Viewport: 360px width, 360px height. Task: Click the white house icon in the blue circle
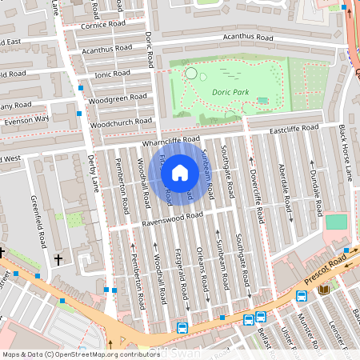(x=181, y=172)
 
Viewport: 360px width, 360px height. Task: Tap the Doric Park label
(x=230, y=93)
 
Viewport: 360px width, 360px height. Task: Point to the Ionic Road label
(x=106, y=74)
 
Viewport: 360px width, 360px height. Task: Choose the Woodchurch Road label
(x=121, y=123)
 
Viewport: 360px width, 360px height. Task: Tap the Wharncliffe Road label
(x=172, y=140)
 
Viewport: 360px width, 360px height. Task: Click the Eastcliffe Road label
(x=294, y=128)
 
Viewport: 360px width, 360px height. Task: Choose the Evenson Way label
(x=26, y=120)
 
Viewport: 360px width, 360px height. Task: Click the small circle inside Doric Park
(x=190, y=74)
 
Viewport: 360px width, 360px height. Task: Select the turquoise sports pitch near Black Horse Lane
(x=337, y=222)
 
